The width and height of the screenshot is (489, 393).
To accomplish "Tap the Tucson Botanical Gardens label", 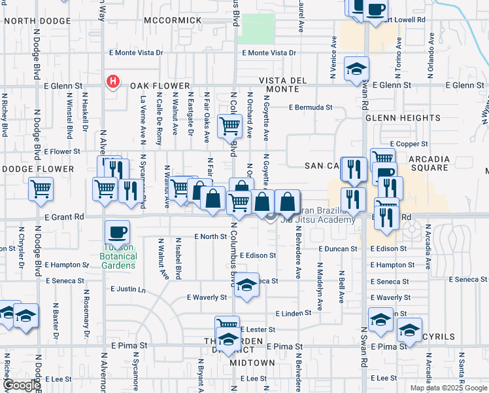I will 118,256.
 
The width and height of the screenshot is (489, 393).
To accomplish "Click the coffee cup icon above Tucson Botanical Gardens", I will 117,231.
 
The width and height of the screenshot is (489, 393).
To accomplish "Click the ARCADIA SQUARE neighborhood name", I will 429,163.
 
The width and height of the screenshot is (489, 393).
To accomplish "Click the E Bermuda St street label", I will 311,107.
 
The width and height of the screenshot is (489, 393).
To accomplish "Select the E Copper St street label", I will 408,143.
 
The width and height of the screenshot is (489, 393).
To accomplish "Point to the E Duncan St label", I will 338,249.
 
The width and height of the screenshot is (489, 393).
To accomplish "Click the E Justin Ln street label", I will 127,288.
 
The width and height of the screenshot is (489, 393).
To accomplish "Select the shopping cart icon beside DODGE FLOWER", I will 41,189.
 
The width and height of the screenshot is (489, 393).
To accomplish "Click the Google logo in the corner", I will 22,385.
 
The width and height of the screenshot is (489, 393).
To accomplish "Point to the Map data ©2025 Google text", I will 448,388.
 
